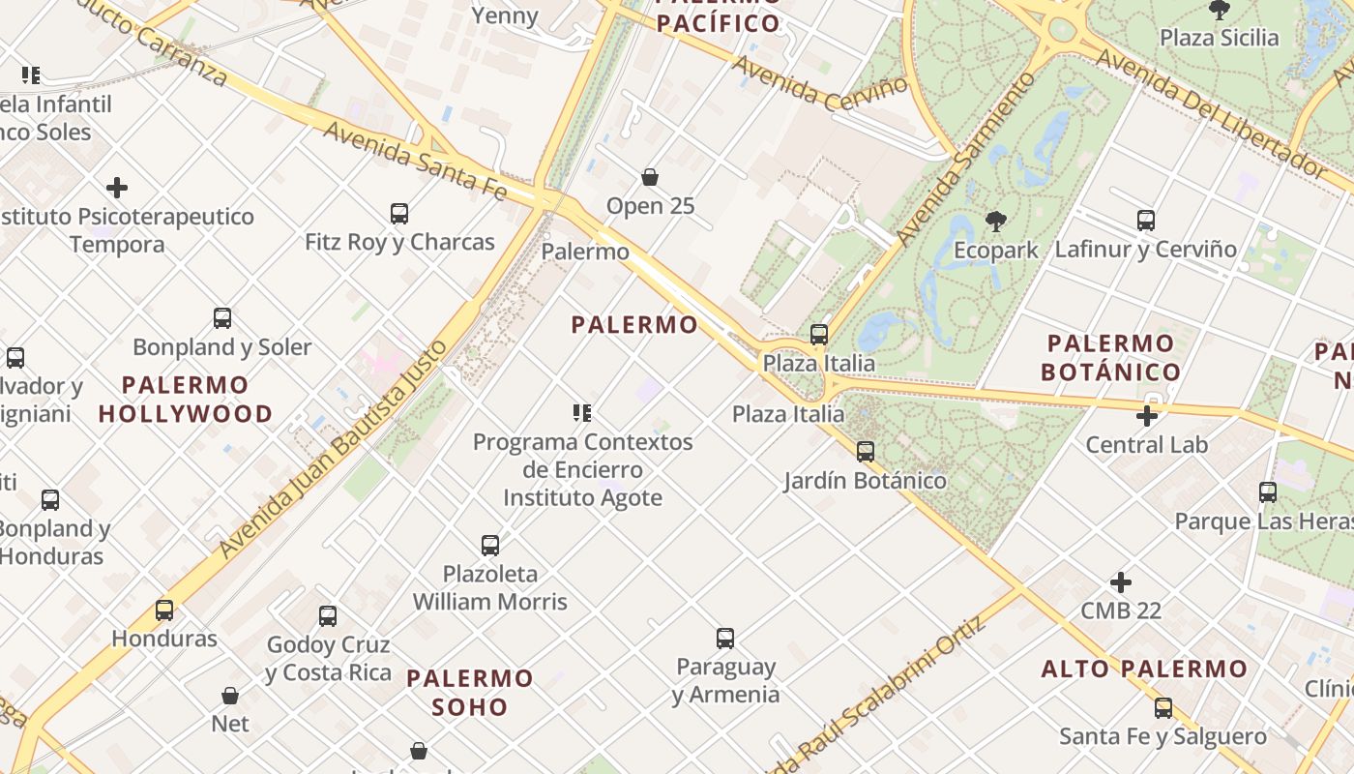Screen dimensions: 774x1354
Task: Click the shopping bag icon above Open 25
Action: click(x=650, y=177)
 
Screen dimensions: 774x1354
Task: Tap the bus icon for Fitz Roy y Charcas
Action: click(x=398, y=214)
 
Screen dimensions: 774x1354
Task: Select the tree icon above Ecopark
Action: click(x=995, y=222)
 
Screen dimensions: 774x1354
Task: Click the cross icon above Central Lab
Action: click(x=1147, y=416)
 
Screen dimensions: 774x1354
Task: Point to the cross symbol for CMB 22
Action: click(x=1121, y=582)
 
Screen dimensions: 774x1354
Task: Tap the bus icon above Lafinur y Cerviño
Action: click(x=1146, y=221)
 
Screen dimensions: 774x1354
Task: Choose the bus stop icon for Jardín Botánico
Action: click(x=866, y=452)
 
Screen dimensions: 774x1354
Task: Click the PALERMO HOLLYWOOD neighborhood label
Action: click(x=186, y=400)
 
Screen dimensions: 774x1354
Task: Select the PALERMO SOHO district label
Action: click(x=470, y=693)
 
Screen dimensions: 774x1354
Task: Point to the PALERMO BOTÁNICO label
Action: click(x=1111, y=358)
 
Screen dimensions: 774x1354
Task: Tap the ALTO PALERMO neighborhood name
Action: click(x=1144, y=669)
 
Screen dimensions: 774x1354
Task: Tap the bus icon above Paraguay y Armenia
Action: click(x=725, y=639)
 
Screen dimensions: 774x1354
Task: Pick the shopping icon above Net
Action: click(x=230, y=696)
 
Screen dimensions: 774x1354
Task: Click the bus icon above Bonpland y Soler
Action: click(x=222, y=318)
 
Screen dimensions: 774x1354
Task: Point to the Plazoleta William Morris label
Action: click(x=490, y=587)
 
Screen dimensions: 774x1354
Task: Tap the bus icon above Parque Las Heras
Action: click(x=1268, y=492)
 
